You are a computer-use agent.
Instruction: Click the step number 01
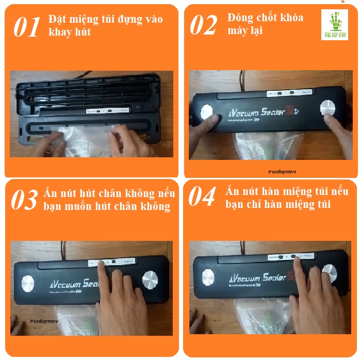point(26,27)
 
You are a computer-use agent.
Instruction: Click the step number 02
point(203,25)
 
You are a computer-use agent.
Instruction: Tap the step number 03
point(24,200)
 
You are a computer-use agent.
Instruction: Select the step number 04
point(202,197)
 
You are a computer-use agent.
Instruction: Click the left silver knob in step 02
point(206,112)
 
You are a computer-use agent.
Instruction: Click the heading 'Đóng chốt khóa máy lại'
point(265,24)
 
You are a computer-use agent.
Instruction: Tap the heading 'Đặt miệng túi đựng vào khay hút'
point(105,25)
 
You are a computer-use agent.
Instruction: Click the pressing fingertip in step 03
point(99,264)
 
